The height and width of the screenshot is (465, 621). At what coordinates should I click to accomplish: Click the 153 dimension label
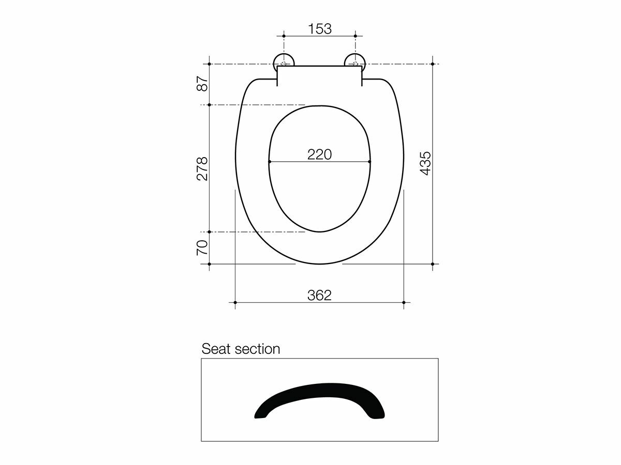[320, 29]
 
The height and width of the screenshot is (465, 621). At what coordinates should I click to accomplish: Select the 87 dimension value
[202, 84]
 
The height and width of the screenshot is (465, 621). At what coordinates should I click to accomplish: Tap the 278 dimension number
[202, 168]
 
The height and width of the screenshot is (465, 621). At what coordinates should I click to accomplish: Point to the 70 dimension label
[202, 247]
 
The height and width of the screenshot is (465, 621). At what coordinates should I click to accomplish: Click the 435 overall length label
[425, 163]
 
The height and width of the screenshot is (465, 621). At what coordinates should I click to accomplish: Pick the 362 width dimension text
[319, 295]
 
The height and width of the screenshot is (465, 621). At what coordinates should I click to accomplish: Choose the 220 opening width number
[319, 154]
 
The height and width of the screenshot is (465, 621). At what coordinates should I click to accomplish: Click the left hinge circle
[284, 61]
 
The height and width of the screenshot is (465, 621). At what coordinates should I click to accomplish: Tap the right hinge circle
[355, 61]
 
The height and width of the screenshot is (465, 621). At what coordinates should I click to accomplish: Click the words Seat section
[241, 349]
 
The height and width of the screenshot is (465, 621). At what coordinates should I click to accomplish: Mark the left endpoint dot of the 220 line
[270, 162]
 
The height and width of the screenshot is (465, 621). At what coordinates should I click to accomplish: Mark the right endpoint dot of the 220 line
[369, 162]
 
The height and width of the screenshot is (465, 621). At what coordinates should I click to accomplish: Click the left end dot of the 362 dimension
[235, 302]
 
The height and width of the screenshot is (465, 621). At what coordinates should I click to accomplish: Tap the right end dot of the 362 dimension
[404, 302]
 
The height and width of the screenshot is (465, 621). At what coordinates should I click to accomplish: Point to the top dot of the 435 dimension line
[432, 64]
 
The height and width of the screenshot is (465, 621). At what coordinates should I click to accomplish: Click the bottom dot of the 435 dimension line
[432, 263]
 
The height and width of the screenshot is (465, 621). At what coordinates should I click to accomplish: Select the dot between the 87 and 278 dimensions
[209, 105]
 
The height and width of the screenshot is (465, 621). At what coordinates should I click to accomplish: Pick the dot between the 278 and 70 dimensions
[209, 232]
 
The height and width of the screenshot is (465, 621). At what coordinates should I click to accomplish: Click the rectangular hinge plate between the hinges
[319, 75]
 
